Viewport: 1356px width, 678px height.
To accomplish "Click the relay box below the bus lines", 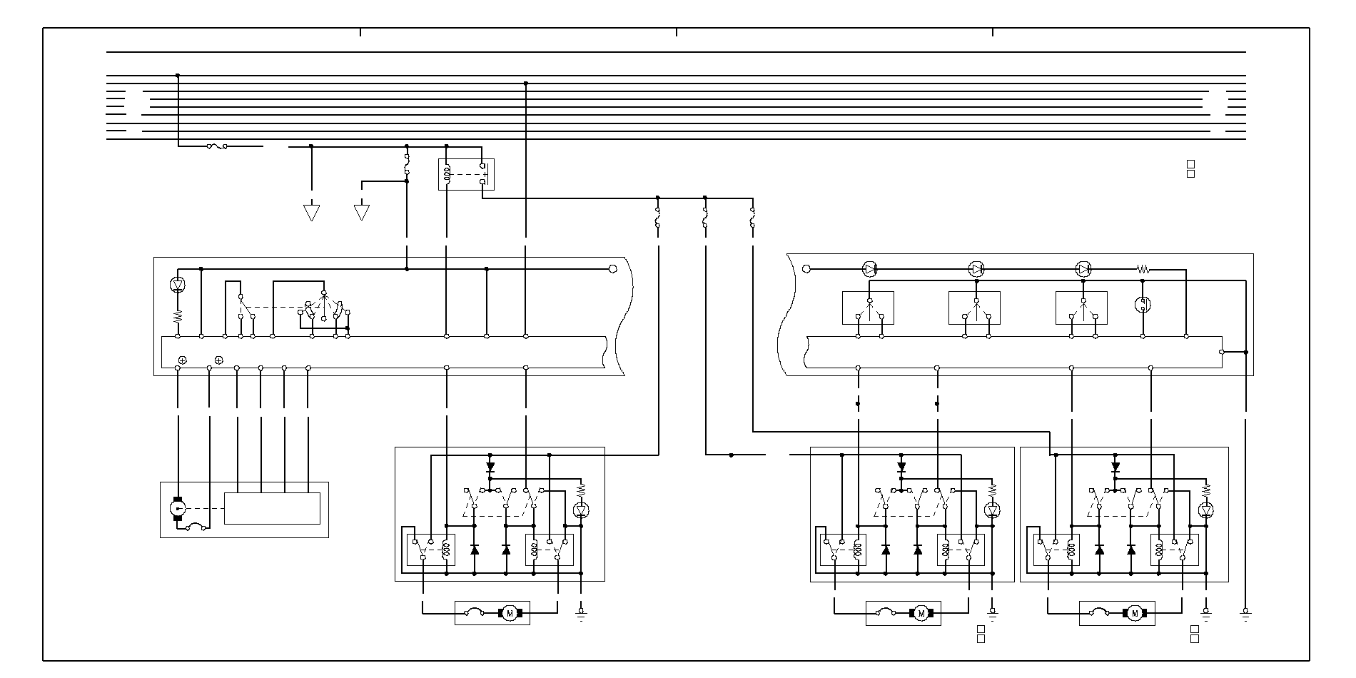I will click(x=466, y=174).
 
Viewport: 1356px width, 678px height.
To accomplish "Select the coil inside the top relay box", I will click(x=447, y=174).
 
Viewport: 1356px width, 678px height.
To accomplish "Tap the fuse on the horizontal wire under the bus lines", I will click(x=217, y=146).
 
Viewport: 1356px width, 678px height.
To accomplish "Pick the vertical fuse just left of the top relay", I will click(x=407, y=164).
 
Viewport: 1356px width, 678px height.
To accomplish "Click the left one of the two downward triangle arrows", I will click(x=311, y=213).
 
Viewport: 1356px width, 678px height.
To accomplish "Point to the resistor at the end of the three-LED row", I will click(x=1143, y=269).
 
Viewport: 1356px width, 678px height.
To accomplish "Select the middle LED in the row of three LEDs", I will click(x=976, y=269).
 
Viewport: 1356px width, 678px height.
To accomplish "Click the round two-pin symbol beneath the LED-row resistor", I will click(x=1143, y=305).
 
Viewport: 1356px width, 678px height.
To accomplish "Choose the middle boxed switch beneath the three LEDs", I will click(x=974, y=308).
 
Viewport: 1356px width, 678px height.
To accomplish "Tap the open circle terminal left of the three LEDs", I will click(x=806, y=269).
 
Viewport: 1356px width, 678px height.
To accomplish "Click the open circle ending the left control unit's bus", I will click(x=612, y=269).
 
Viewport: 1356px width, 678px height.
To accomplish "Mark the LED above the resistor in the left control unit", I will click(x=178, y=285).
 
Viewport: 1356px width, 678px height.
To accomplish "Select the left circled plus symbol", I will click(x=183, y=360).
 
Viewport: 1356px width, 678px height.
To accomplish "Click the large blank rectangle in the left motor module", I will click(x=272, y=508).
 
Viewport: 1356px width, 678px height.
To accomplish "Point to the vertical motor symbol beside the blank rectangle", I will click(x=178, y=508).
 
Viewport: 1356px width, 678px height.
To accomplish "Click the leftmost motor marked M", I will click(x=510, y=612).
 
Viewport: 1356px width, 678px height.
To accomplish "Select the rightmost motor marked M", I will click(x=1133, y=613).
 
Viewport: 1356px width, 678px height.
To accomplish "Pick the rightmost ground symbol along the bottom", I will click(x=1246, y=614).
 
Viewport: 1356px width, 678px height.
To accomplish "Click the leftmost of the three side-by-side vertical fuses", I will click(x=657, y=218).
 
